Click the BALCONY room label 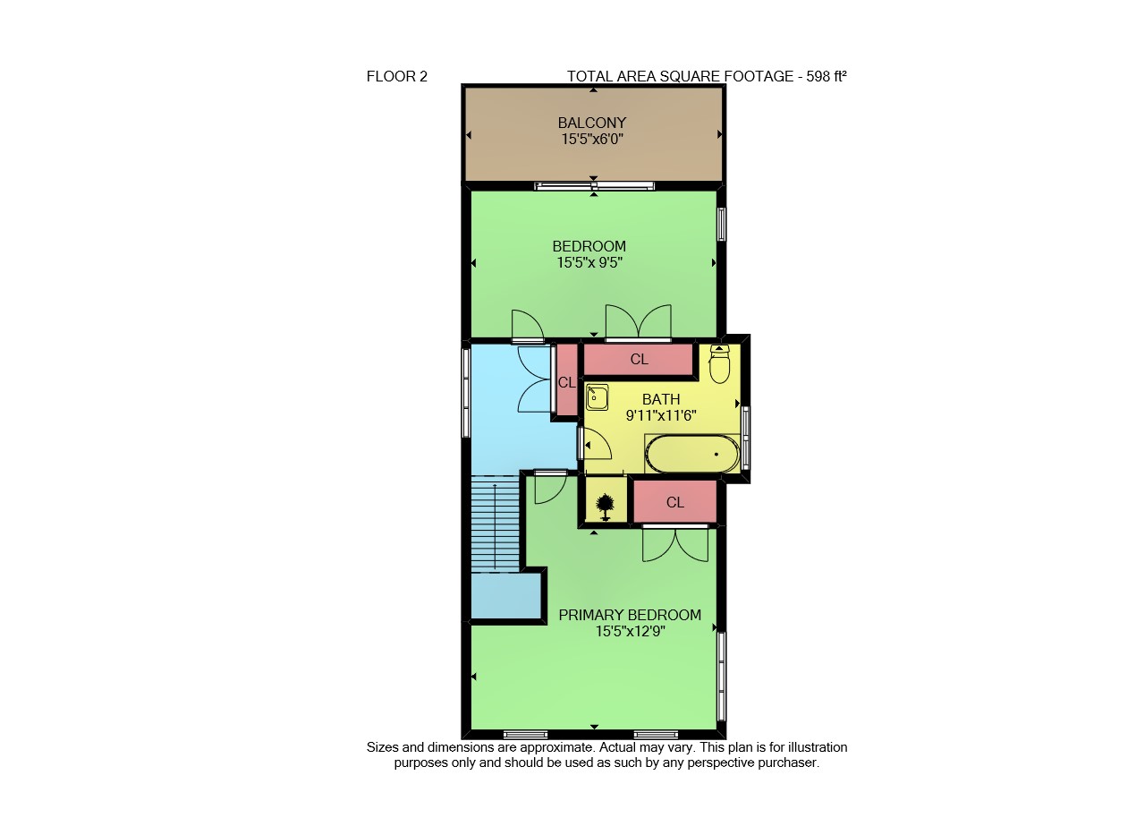click(x=592, y=123)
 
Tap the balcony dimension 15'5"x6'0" click(x=592, y=139)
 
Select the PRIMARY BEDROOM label click(x=630, y=615)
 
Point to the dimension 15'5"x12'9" click(x=630, y=631)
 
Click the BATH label click(x=661, y=399)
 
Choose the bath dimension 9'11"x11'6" click(x=661, y=415)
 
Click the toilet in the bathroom click(x=719, y=363)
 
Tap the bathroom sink click(x=597, y=397)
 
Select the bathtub click(x=692, y=454)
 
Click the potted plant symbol click(x=605, y=507)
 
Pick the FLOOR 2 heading click(x=397, y=77)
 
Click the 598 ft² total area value click(x=827, y=76)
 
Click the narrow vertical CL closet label click(x=567, y=382)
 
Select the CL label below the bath click(x=675, y=502)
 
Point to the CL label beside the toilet click(x=639, y=359)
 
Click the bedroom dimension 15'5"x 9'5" click(x=589, y=263)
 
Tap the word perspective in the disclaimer click(x=722, y=763)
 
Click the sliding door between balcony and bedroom click(x=594, y=186)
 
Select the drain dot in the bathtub click(x=716, y=454)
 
